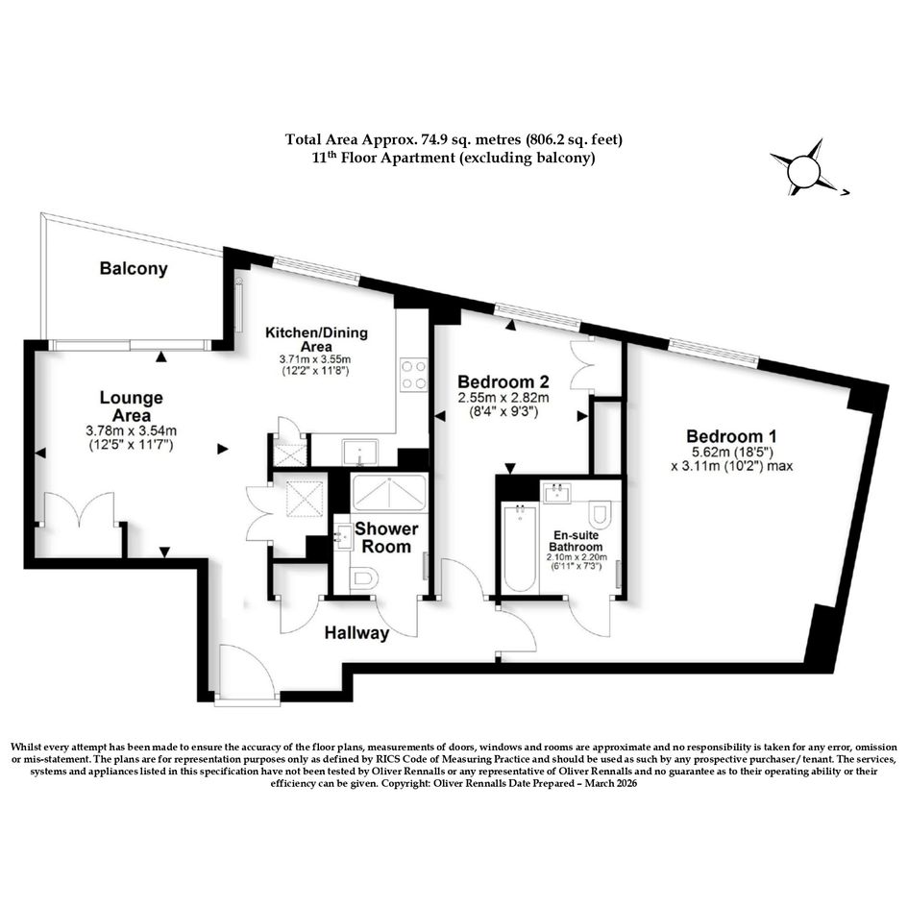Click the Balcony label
coord(134,269)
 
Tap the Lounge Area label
coord(132,406)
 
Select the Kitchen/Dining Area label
coord(316,339)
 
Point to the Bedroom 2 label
coord(503,382)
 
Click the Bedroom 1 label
coord(731,436)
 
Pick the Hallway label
coord(356,633)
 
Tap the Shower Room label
coord(386,537)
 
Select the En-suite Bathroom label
coord(576,542)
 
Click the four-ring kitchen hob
coord(414,375)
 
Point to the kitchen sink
coord(360,453)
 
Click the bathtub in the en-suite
coord(521,548)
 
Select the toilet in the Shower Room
coord(365,578)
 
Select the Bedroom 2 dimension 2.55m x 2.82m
coord(503,399)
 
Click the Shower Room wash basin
coord(343,537)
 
